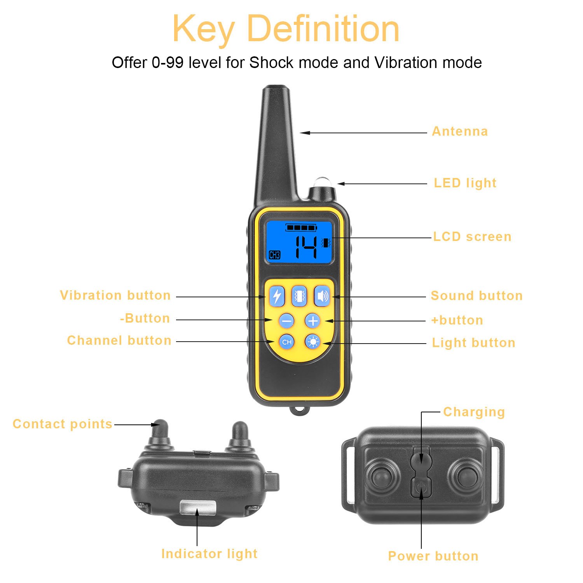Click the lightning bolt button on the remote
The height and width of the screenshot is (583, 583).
277,297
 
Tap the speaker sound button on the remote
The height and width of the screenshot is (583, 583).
322,297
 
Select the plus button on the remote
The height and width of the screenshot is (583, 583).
313,321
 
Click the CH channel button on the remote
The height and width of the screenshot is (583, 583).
287,342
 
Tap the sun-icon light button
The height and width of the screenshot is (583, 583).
313,342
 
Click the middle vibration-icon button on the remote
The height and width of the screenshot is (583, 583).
299,297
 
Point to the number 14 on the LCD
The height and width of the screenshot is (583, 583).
306,247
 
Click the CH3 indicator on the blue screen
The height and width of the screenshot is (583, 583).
275,255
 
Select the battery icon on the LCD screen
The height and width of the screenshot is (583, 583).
301,227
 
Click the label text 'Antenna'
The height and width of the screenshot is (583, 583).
460,131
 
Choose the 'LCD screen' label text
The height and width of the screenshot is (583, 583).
472,237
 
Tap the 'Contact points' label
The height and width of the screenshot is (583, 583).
63,424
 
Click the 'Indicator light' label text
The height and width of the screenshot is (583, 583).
209,553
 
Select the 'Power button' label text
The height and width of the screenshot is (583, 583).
433,556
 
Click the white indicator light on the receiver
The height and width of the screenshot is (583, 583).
197,507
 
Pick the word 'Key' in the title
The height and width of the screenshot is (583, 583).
203,29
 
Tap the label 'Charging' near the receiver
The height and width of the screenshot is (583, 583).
474,412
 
